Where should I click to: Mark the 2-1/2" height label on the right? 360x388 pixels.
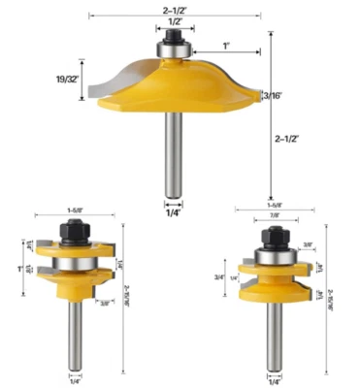click(x=287, y=139)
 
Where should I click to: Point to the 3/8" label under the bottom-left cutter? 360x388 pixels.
click(x=104, y=304)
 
